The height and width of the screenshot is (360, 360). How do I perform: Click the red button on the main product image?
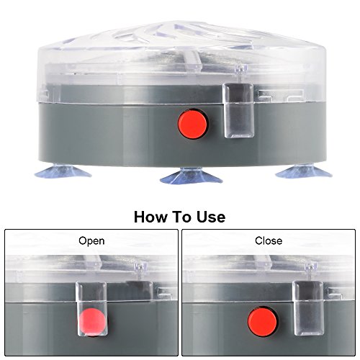click(x=193, y=124)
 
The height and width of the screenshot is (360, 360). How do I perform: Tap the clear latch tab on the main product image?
click(x=238, y=110)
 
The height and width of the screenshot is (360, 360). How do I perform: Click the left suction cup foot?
click(x=63, y=171)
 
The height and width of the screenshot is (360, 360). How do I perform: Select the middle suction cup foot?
click(x=191, y=176)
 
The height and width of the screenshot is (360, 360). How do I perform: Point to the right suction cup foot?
click(x=304, y=171)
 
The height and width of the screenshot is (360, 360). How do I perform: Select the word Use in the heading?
click(x=211, y=217)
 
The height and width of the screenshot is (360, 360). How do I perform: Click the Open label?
click(x=91, y=241)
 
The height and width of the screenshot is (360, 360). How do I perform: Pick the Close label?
click(x=269, y=240)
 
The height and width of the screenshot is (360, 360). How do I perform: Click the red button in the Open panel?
click(x=92, y=322)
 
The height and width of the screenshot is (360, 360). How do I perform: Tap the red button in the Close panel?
click(x=262, y=321)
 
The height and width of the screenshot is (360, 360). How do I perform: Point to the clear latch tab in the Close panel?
click(x=308, y=308)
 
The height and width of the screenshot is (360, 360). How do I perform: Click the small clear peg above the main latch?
click(x=240, y=69)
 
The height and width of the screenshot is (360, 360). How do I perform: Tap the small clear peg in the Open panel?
click(x=140, y=266)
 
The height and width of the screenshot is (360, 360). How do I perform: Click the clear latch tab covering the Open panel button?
click(x=91, y=309)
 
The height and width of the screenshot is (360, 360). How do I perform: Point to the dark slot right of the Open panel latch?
click(x=139, y=290)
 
